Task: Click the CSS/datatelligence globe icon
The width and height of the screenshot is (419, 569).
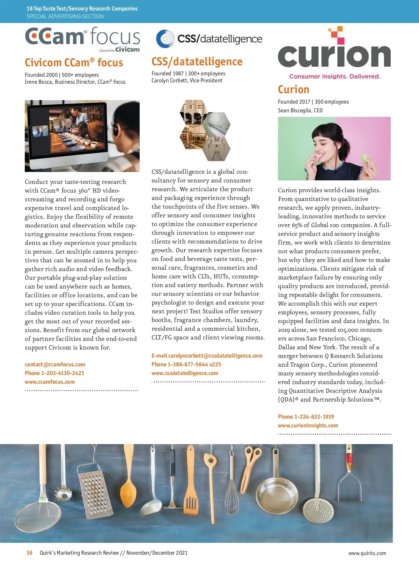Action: pyautogui.click(x=165, y=39)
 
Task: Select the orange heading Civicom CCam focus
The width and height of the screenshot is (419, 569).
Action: pyautogui.click(x=74, y=63)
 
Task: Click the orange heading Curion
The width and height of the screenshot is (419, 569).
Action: pyautogui.click(x=294, y=90)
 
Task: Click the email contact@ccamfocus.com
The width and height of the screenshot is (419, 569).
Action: pyautogui.click(x=55, y=365)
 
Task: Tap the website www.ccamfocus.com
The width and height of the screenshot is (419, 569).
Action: pyautogui.click(x=50, y=382)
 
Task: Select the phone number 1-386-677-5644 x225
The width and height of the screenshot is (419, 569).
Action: pyautogui.click(x=186, y=365)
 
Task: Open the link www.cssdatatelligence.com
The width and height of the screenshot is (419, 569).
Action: pyautogui.click(x=185, y=373)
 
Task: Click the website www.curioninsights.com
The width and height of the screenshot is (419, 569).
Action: pyautogui.click(x=308, y=426)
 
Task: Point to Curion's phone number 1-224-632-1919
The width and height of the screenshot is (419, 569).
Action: pyautogui.click(x=306, y=417)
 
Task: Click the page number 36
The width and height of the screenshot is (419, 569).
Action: pyautogui.click(x=29, y=553)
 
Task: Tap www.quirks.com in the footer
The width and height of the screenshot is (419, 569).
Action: pyautogui.click(x=367, y=553)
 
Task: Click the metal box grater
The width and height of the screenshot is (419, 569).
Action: pyautogui.click(x=92, y=495)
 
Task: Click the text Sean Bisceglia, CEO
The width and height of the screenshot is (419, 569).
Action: pyautogui.click(x=300, y=111)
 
